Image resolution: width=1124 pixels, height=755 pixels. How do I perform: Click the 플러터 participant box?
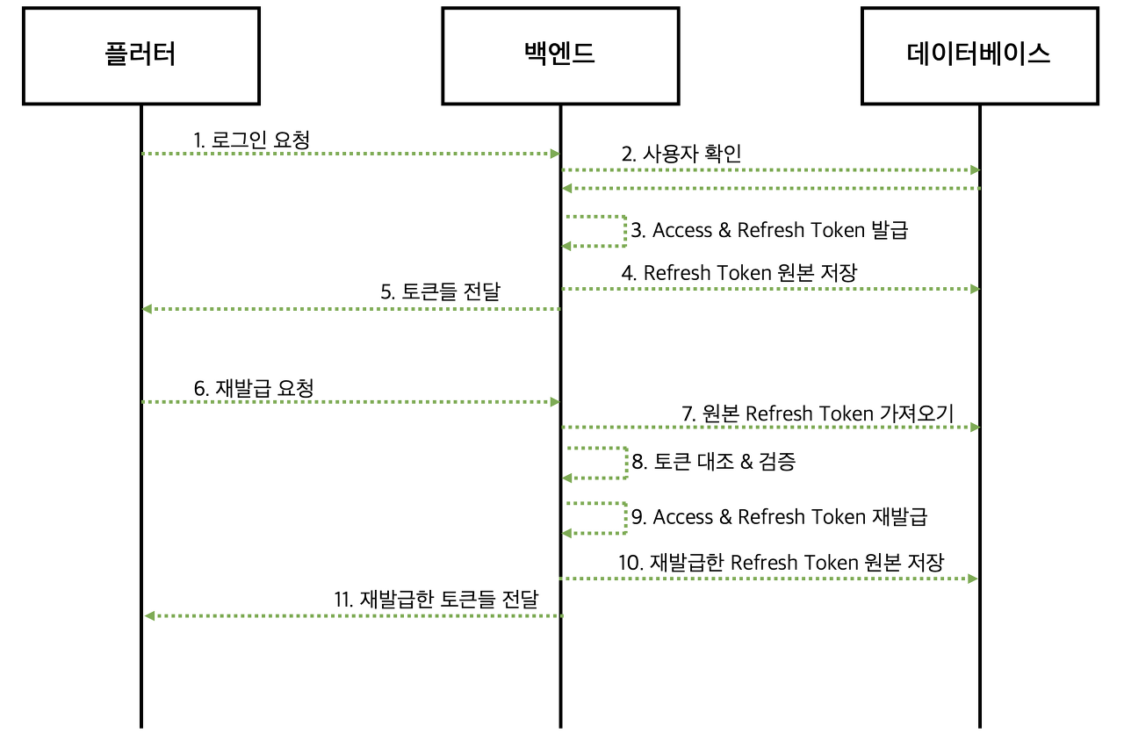point(140,55)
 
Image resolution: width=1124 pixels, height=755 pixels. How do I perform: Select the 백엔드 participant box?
point(559,55)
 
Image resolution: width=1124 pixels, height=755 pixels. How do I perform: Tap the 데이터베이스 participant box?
point(979,55)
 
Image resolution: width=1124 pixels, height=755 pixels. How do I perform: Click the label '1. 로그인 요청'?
point(252,139)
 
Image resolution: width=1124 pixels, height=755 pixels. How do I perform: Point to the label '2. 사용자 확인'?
point(681,155)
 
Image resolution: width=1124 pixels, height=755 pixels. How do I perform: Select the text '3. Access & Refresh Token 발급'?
point(769,231)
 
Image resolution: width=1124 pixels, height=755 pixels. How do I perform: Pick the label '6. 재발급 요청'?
point(253,388)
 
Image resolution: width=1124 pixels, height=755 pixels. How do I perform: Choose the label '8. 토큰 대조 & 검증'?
point(713,462)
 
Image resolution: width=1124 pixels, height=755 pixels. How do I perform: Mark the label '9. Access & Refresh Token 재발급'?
point(779,517)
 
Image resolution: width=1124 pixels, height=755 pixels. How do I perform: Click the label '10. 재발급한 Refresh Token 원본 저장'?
point(781,562)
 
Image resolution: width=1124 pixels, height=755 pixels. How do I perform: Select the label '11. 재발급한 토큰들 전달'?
point(436,600)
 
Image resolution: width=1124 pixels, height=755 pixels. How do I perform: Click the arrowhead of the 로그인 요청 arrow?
point(555,154)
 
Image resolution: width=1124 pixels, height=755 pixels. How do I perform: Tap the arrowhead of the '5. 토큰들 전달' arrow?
point(148,309)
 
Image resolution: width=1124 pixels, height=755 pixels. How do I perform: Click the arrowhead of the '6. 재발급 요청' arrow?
point(555,402)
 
